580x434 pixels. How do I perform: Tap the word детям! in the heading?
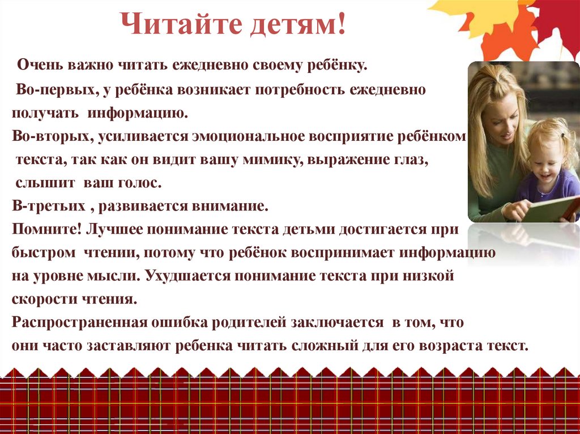click(x=288, y=26)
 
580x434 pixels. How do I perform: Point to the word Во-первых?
click(x=49, y=90)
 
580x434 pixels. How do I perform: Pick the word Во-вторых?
click(x=52, y=137)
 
